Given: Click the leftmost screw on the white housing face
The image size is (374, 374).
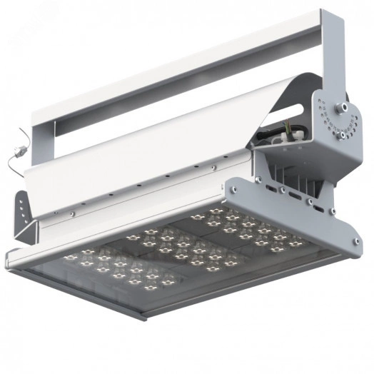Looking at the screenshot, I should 71,213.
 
